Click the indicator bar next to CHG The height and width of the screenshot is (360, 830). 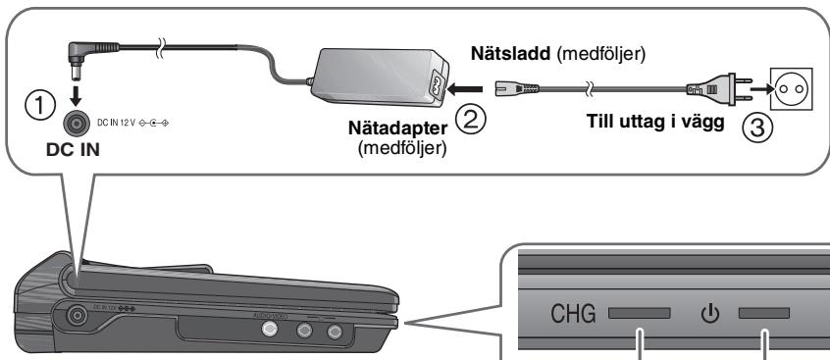click(x=639, y=316)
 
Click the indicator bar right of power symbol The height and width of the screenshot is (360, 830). click(x=764, y=316)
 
